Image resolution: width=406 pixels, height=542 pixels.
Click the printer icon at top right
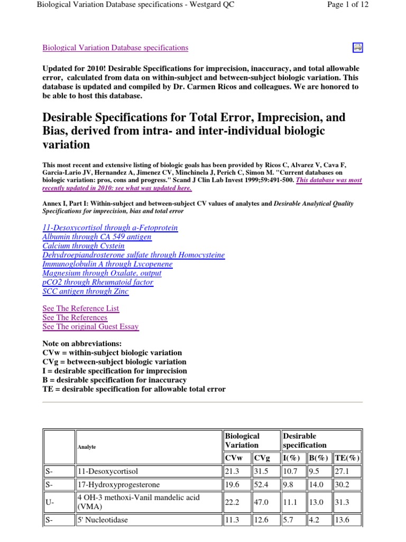pyautogui.click(x=358, y=48)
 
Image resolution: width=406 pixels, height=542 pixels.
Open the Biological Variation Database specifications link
pyautogui.click(x=115, y=48)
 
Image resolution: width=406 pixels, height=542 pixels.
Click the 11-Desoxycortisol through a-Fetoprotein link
pyautogui.click(x=110, y=228)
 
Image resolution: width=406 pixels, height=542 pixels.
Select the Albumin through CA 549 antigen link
pyautogui.click(x=97, y=237)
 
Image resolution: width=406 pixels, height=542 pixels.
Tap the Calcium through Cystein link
pyautogui.click(x=84, y=246)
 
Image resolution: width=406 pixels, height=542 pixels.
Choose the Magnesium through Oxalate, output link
pyautogui.click(x=102, y=273)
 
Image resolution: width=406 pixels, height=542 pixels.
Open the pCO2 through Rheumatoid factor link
pyautogui.click(x=98, y=282)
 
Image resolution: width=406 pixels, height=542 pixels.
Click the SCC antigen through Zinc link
pyautogui.click(x=85, y=291)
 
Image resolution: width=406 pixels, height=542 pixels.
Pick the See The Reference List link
pyautogui.click(x=81, y=308)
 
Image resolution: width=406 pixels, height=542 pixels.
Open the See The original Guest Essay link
pyautogui.click(x=90, y=327)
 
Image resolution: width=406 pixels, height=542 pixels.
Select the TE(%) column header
pyautogui.click(x=347, y=458)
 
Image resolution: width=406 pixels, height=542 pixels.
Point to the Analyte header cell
pyautogui.click(x=87, y=447)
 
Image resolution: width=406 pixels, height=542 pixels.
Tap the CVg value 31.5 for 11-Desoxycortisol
pyautogui.click(x=262, y=471)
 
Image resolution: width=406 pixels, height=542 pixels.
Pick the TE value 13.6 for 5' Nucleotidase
pyautogui.click(x=343, y=520)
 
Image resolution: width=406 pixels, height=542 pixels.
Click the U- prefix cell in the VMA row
pyautogui.click(x=49, y=502)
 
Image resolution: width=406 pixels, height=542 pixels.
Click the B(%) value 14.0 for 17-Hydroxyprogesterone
pyautogui.click(x=316, y=484)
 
